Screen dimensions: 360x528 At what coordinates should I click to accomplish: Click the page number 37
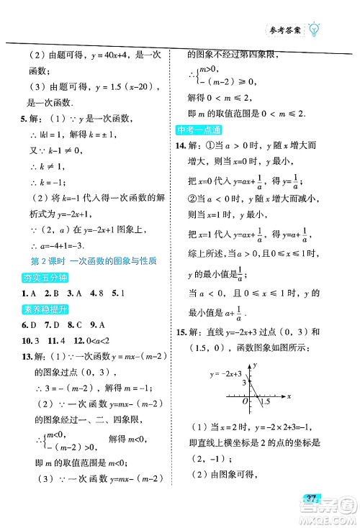tap(312, 519)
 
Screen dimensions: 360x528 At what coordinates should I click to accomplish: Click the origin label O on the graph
tap(244, 401)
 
